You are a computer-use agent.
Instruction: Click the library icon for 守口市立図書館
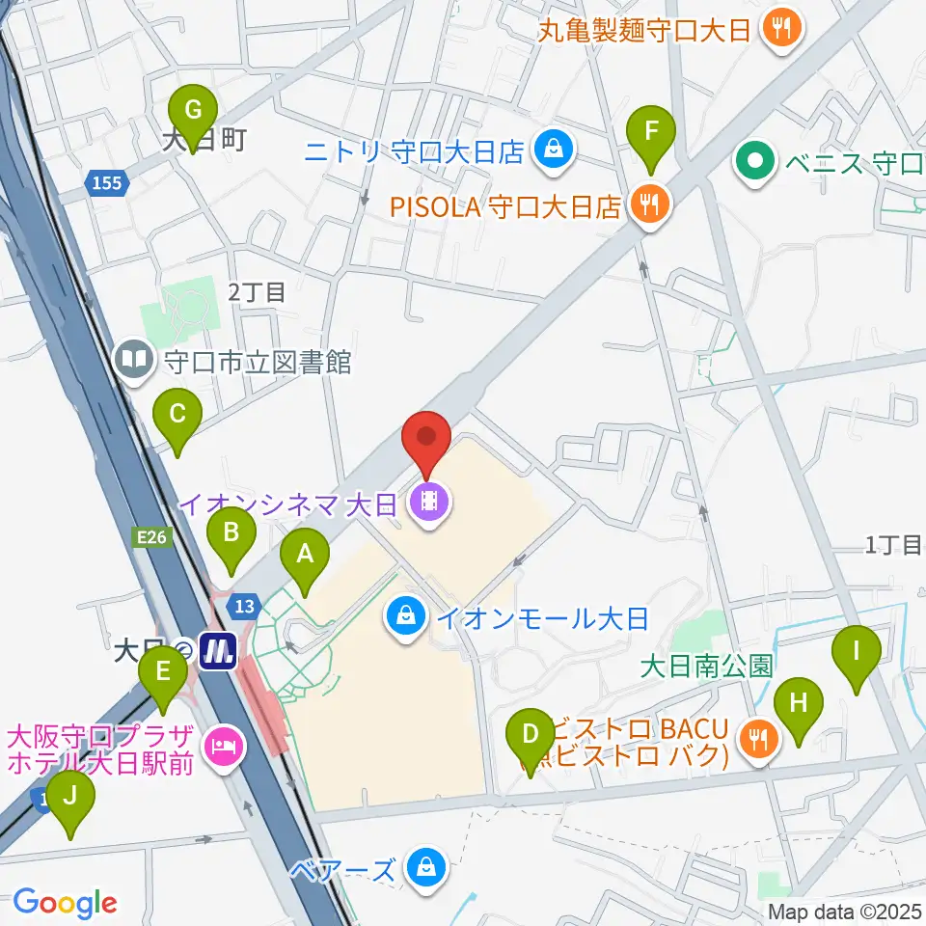133,362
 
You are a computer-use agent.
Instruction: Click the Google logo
66,903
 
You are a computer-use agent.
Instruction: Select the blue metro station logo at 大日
218,653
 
